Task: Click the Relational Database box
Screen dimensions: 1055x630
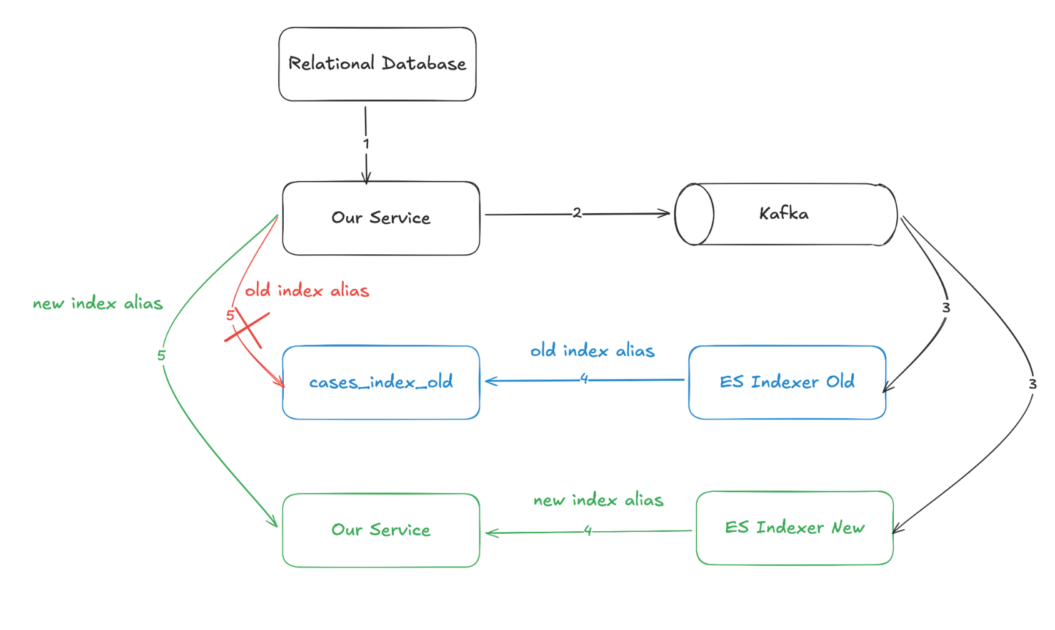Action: point(377,64)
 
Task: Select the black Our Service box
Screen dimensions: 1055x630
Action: point(381,219)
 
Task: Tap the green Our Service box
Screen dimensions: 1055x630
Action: point(381,530)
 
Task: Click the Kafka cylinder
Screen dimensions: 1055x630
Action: point(786,214)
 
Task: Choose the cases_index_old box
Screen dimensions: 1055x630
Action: point(381,382)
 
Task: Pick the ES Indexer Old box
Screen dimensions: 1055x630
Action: point(787,382)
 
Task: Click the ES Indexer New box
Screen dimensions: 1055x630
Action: point(794,528)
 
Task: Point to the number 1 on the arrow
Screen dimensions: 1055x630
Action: point(366,144)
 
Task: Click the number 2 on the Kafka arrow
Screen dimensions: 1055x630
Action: point(577,213)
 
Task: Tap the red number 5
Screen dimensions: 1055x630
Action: point(230,316)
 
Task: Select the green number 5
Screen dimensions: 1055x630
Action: point(161,356)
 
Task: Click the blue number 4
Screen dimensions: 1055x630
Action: point(584,378)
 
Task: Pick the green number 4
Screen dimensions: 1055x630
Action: point(587,531)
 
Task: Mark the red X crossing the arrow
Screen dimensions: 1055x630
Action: point(247,327)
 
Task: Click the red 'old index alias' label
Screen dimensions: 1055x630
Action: point(307,291)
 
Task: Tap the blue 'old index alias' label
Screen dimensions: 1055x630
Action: point(592,351)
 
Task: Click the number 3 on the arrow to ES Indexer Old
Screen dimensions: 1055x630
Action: point(946,308)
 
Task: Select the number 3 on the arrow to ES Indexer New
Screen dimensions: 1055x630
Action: point(1032,384)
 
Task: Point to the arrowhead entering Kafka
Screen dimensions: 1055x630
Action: point(664,214)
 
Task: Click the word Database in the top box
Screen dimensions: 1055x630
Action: point(424,64)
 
